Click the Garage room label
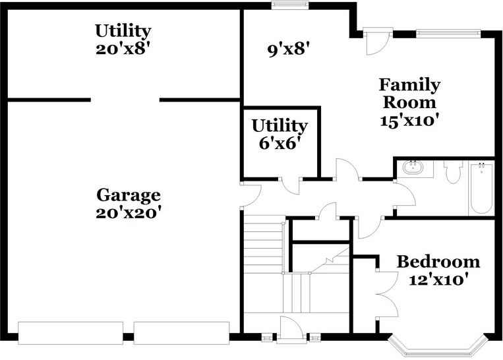[x=129, y=195]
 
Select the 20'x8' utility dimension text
[x=123, y=48]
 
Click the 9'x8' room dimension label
[x=289, y=49]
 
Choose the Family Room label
[x=409, y=94]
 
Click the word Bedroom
[x=438, y=262]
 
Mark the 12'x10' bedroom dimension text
[x=438, y=280]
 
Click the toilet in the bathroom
[x=452, y=173]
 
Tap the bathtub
[x=481, y=188]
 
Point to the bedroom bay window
[x=438, y=344]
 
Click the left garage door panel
[x=71, y=333]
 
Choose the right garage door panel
[x=182, y=333]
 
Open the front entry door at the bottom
[x=289, y=330]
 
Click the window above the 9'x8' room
[x=291, y=6]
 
